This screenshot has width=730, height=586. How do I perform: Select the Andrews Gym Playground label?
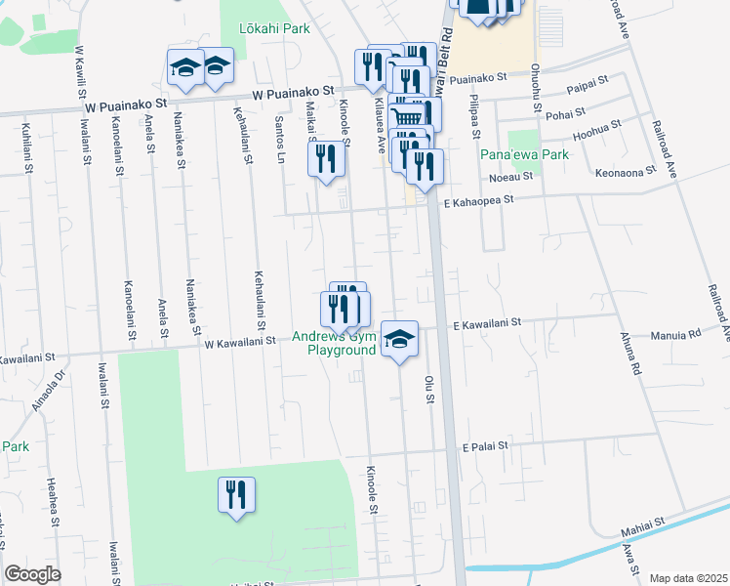[342, 344]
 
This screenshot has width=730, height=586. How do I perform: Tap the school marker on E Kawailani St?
[399, 338]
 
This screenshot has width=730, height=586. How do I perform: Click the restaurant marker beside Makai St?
[327, 159]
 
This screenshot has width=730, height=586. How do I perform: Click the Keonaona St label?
[624, 172]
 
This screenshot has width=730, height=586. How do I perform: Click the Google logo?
[32, 574]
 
